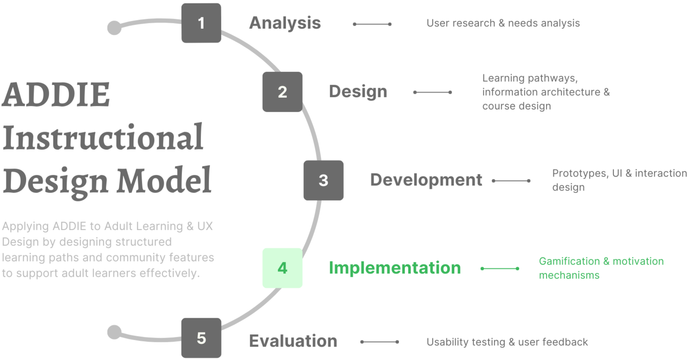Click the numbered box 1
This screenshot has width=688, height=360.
201,23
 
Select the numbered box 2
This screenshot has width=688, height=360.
282,92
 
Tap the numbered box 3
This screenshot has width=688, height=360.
323,180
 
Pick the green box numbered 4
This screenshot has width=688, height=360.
282,268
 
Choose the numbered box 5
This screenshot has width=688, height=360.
201,338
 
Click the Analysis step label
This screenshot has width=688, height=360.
285,23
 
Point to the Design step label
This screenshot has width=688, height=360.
358,91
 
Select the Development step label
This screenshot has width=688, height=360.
426,180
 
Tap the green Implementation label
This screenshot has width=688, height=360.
394,268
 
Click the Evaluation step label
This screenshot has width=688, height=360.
293,341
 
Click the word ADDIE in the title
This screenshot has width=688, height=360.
56,94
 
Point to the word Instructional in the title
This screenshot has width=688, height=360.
103,137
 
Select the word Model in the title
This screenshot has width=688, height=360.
164,181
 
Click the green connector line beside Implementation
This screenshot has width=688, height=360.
500,268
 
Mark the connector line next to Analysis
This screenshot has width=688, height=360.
372,24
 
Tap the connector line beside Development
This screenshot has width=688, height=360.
511,181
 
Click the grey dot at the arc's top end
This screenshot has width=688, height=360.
114,28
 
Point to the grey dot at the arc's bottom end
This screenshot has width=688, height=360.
114,332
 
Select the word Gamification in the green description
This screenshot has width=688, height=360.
569,261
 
